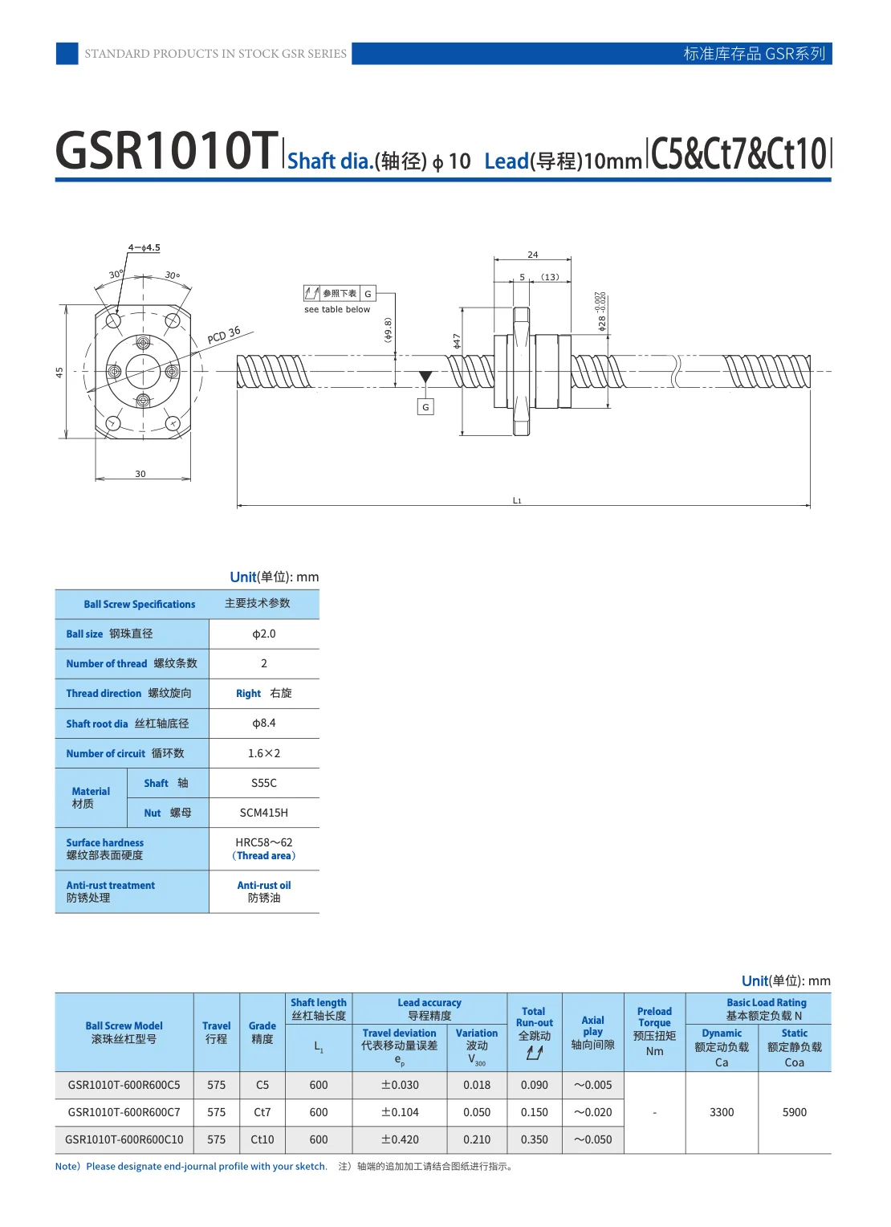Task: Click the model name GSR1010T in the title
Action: [166, 151]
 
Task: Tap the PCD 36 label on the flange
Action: [224, 336]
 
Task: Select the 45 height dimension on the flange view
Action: [59, 373]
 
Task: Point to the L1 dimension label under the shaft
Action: [517, 500]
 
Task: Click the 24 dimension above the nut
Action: [533, 255]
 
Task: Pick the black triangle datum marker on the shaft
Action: [425, 377]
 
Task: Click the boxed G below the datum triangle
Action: [425, 407]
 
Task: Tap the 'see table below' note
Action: [337, 309]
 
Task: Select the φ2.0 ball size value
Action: [264, 634]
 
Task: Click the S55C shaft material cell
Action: [264, 783]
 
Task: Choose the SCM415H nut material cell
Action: [264, 813]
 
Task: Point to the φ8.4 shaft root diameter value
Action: [264, 724]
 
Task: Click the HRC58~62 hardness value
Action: [264, 842]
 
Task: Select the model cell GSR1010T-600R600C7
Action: [124, 1112]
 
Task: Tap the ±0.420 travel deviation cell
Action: [400, 1139]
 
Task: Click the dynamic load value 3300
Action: [722, 1112]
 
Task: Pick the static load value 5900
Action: [795, 1112]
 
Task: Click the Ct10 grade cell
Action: [262, 1139]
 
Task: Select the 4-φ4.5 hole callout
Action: [144, 247]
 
